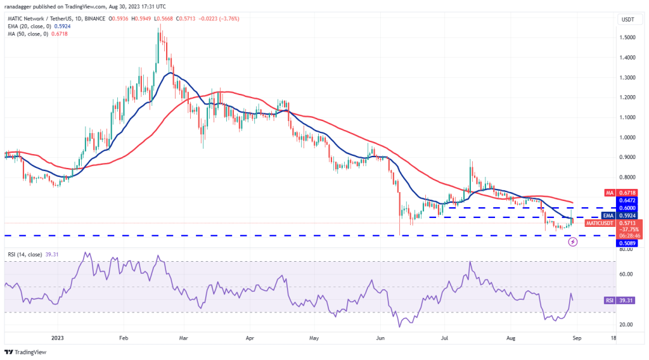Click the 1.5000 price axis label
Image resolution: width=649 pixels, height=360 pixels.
pos(629,37)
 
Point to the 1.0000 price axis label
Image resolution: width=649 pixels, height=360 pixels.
pos(629,137)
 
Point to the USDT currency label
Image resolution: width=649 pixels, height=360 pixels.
pos(628,20)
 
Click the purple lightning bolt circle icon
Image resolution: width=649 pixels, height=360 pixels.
pos(573,241)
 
